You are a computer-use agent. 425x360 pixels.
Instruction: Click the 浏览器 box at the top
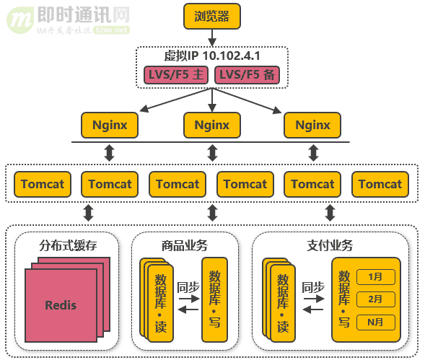[x=211, y=17]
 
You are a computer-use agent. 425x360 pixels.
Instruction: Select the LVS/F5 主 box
[x=175, y=75]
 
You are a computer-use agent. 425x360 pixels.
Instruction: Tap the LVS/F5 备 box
[x=247, y=75]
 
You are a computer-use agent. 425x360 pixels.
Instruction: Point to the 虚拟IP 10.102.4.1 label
[x=211, y=56]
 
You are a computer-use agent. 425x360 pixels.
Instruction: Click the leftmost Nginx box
[x=110, y=125]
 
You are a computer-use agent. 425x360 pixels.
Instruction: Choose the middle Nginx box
[x=211, y=125]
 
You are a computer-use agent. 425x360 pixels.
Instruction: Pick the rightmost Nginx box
[x=312, y=125]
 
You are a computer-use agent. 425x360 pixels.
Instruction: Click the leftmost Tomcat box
[x=43, y=184]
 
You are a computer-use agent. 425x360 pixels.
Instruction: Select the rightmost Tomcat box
[x=380, y=184]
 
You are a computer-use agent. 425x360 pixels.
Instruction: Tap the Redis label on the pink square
[x=61, y=305]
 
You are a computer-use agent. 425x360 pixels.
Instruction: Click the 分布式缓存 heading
[x=63, y=245]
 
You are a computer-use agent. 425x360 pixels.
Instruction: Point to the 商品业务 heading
[x=185, y=245]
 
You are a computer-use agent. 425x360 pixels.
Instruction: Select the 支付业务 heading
[x=330, y=245]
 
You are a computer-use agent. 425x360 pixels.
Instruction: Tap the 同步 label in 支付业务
[x=313, y=287]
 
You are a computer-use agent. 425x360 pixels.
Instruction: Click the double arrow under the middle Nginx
[x=212, y=153]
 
